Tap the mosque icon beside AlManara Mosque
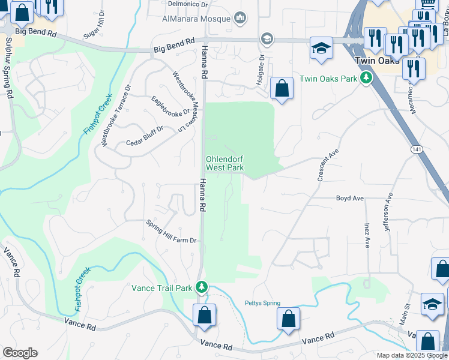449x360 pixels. point(241,18)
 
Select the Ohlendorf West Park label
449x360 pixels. point(225,164)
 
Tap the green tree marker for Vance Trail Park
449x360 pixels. point(203,288)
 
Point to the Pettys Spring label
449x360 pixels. point(262,303)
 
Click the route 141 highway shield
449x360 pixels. point(416,148)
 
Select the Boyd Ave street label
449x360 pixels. point(350,198)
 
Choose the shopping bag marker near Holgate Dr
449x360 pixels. point(282,89)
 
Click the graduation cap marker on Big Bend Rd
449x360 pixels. point(321,48)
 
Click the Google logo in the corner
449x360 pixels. point(20,353)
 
